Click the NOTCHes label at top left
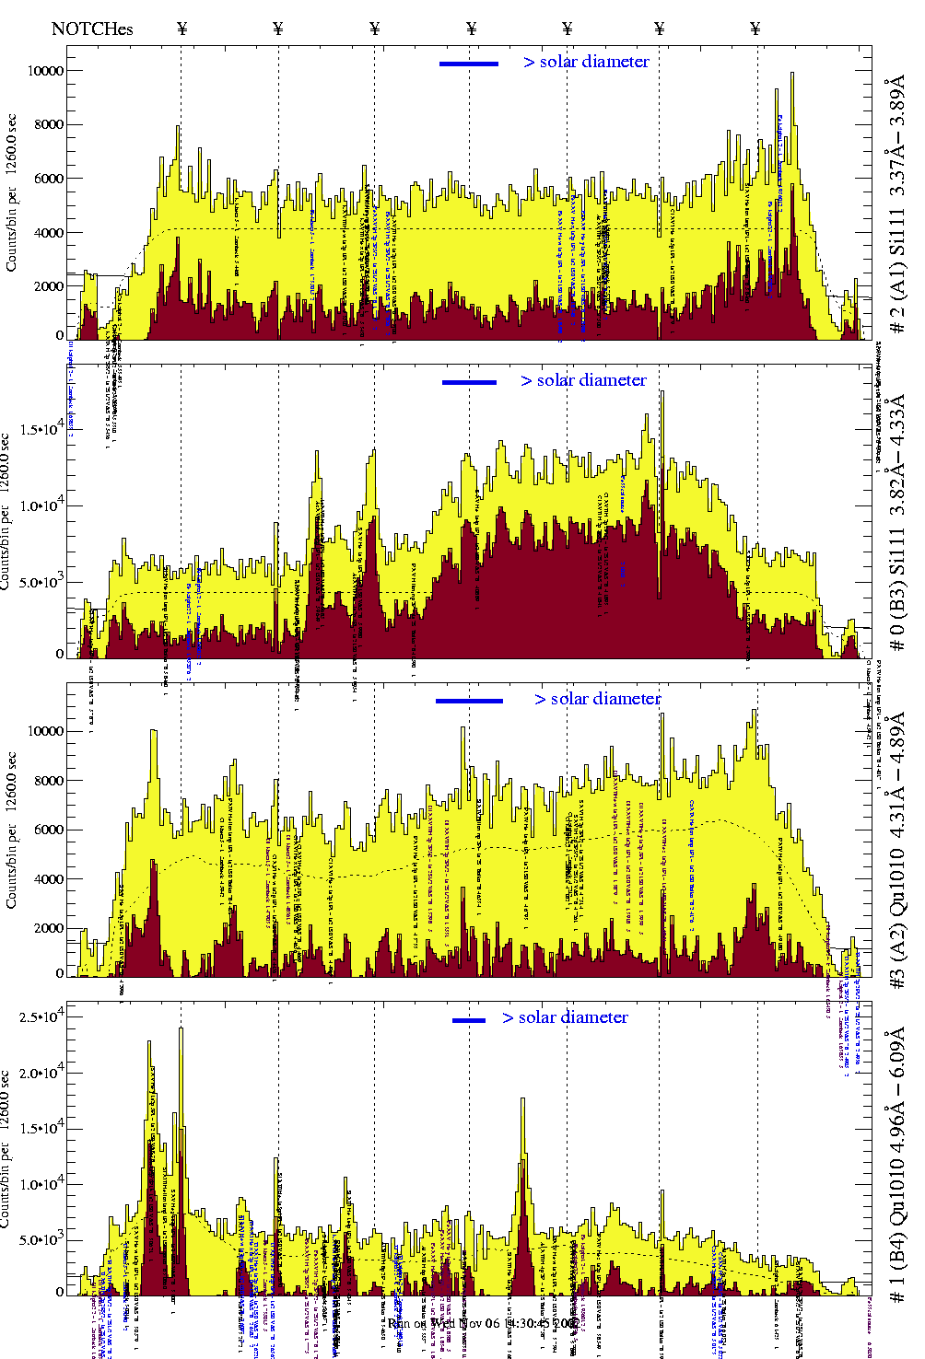(92, 29)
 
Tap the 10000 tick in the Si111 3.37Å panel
(45, 70)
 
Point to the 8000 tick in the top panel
(48, 124)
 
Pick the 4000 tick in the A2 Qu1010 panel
(48, 879)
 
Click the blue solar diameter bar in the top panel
(469, 64)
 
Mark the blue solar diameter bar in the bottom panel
(469, 1020)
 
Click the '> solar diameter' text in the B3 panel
(583, 380)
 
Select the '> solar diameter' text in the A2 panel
(597, 699)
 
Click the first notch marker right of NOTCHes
(181, 29)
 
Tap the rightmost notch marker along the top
(755, 29)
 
